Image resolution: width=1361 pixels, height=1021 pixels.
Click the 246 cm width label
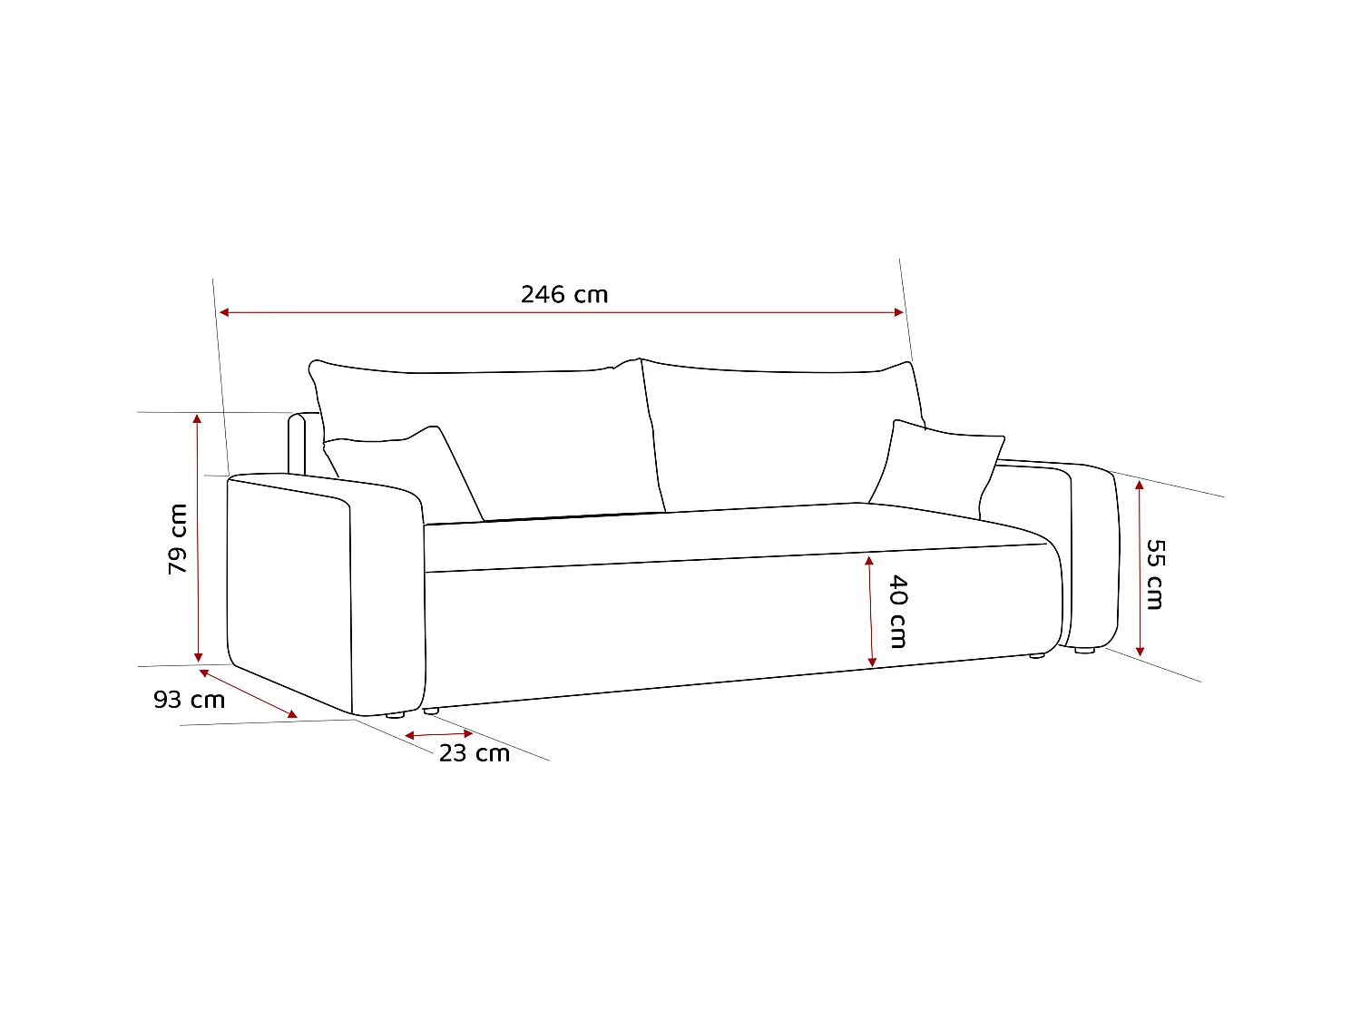point(564,294)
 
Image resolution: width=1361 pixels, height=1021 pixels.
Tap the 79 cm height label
point(178,538)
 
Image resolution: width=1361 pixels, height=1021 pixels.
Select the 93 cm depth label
point(189,700)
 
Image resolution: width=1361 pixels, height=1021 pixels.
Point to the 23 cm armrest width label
point(475,753)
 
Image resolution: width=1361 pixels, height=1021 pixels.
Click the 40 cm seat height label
point(897,611)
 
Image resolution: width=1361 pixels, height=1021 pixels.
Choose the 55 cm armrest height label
point(1154,574)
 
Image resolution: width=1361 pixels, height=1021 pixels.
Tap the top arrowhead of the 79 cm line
point(198,418)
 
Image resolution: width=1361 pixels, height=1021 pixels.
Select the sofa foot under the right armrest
point(1084,650)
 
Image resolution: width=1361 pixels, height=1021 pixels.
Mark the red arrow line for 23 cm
point(439,733)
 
